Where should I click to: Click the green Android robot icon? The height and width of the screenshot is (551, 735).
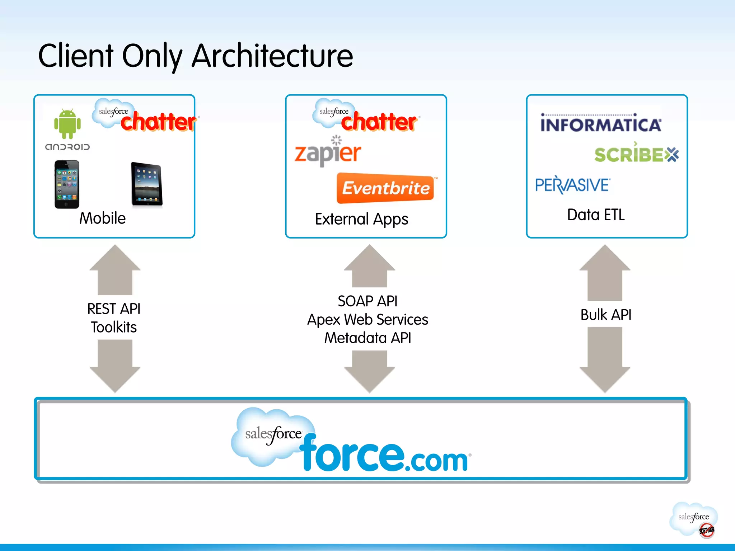coord(67,123)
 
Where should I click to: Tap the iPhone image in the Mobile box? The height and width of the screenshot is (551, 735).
coord(67,184)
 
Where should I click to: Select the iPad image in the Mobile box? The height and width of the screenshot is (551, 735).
coord(146,184)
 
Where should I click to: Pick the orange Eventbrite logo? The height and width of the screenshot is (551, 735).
coord(385,188)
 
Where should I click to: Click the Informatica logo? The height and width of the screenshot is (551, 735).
coord(600,124)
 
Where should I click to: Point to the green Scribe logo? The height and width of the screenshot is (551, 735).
coord(636,154)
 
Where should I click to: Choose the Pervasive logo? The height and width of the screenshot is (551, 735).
coord(572,185)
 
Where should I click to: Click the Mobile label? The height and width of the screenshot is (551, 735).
coord(102,218)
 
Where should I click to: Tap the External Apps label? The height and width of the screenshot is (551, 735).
coord(361,219)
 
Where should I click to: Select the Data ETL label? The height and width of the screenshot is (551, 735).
coord(596,215)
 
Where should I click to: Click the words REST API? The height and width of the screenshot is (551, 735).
coord(114,309)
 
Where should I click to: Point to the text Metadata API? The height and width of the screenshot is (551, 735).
coord(367,338)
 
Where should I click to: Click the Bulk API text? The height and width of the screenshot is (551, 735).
coord(606,315)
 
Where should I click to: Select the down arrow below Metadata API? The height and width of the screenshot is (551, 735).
coord(369,371)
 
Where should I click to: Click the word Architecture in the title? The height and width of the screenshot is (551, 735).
coord(272,56)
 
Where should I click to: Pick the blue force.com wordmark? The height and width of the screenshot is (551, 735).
coord(384,454)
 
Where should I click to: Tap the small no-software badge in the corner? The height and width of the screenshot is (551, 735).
coord(706,530)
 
